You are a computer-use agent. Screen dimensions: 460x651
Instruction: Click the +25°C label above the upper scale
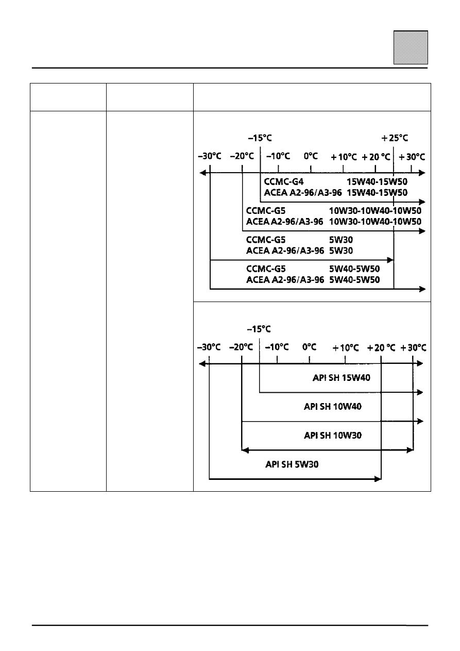point(395,138)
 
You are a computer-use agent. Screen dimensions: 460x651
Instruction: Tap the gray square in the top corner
point(411,47)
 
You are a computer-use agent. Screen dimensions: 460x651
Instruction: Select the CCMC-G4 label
point(283,182)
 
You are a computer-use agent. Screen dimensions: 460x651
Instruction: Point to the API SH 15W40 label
point(341,377)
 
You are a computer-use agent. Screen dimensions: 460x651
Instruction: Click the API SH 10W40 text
point(333,406)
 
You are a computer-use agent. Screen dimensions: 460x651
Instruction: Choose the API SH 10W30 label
point(333,436)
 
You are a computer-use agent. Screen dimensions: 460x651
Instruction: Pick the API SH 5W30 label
point(292,464)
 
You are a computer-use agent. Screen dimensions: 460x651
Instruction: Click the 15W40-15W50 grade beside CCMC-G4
point(377,182)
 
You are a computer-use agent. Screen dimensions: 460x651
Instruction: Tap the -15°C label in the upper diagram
point(260,138)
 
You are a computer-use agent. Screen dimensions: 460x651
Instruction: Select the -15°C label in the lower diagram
point(259,329)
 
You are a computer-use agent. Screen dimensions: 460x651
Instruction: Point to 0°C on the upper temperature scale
point(311,156)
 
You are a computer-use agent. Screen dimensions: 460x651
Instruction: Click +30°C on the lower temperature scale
point(413,347)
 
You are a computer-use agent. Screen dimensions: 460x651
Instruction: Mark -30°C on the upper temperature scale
point(209,156)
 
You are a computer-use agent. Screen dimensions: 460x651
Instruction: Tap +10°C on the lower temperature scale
point(345,347)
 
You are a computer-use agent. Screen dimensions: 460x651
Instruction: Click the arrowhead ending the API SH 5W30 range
point(378,479)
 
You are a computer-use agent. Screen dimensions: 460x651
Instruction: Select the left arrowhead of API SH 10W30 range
point(245,450)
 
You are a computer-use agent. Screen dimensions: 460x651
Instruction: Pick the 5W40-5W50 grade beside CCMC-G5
point(354,269)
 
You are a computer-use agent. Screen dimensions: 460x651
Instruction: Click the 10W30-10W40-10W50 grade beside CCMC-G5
point(375,211)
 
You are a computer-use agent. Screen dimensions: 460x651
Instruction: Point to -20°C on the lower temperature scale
point(241,347)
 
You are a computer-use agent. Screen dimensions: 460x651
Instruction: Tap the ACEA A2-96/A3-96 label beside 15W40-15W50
point(302,193)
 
